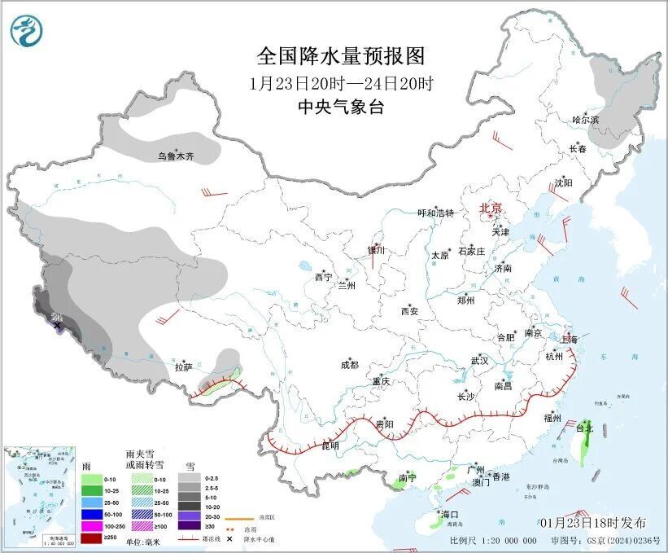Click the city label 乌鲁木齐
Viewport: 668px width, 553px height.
pyautogui.click(x=176, y=156)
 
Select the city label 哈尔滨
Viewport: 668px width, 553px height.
pyautogui.click(x=584, y=120)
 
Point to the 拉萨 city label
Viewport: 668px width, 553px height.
pyautogui.click(x=184, y=367)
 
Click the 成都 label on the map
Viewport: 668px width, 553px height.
pyautogui.click(x=350, y=366)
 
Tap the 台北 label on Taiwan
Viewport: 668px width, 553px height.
pyautogui.click(x=585, y=427)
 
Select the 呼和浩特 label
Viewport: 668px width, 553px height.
pyautogui.click(x=435, y=213)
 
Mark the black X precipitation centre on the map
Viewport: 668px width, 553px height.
pyautogui.click(x=58, y=327)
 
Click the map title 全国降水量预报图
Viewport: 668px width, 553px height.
pyautogui.click(x=341, y=56)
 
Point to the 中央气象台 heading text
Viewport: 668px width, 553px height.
pyautogui.click(x=341, y=107)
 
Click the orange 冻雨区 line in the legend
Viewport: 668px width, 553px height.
pyautogui.click(x=236, y=516)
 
